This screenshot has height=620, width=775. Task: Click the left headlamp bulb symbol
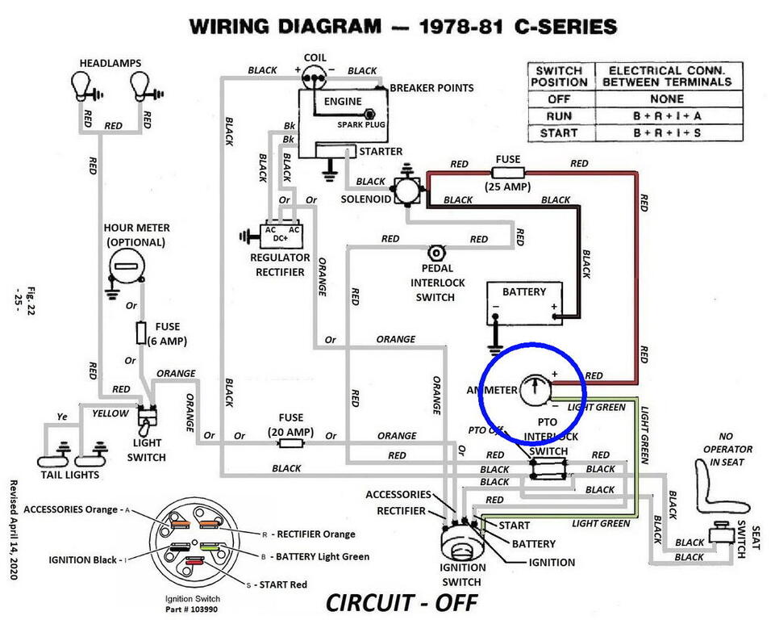(81, 82)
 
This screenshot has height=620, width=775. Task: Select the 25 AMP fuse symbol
(508, 172)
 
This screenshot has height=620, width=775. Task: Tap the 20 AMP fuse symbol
(290, 437)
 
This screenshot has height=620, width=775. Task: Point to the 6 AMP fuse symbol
(141, 332)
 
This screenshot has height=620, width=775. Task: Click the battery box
(524, 303)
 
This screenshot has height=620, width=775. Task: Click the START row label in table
(560, 133)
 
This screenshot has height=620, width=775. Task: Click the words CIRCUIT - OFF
(401, 601)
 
